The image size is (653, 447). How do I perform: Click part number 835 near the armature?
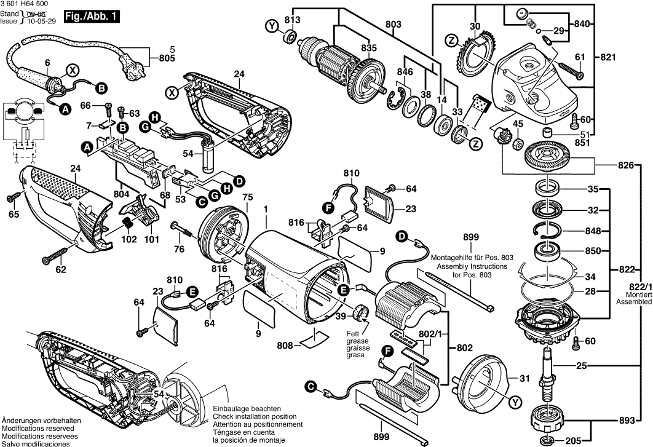tap(369, 48)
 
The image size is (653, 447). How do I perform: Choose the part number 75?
tap(248, 197)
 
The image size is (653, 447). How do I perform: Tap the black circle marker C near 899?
tap(312, 387)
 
